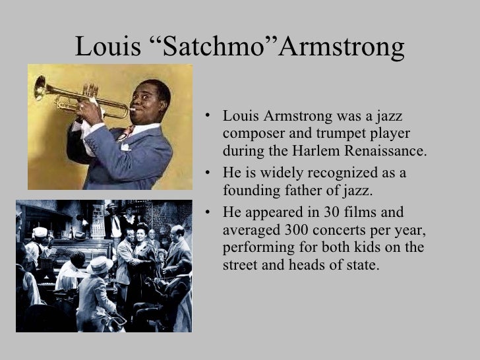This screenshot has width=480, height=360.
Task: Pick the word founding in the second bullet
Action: (x=247, y=191)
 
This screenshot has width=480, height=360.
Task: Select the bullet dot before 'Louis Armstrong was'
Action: (x=207, y=117)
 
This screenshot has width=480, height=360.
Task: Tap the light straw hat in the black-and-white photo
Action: (x=100, y=264)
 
